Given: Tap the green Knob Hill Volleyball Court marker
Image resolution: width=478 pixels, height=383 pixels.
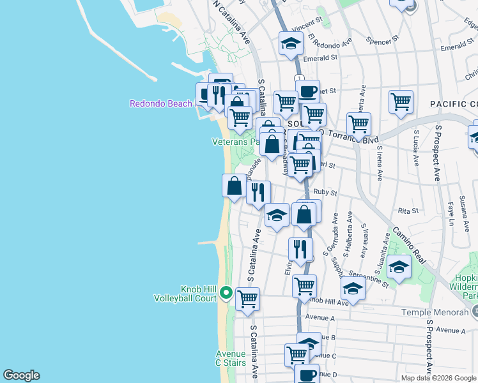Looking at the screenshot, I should (x=226, y=293).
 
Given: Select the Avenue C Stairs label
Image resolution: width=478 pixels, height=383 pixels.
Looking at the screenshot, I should (x=231, y=359).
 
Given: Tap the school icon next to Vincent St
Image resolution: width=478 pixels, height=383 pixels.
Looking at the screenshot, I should (x=291, y=43).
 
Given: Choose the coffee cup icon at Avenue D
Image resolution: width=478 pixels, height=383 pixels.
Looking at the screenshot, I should (x=306, y=374).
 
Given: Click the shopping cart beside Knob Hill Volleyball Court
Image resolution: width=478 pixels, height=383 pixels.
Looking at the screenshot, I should (x=247, y=298).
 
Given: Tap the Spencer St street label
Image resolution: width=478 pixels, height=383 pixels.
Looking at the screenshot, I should (x=383, y=40).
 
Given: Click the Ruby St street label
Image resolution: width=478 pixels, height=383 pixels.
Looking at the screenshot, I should (x=325, y=192).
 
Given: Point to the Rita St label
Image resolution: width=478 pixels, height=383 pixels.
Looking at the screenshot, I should (x=408, y=210).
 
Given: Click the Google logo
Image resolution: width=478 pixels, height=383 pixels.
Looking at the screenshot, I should (x=21, y=375).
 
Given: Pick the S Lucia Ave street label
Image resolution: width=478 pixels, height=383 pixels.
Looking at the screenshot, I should (x=417, y=146).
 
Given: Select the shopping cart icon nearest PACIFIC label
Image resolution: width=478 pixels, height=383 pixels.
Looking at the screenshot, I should (x=401, y=101).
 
